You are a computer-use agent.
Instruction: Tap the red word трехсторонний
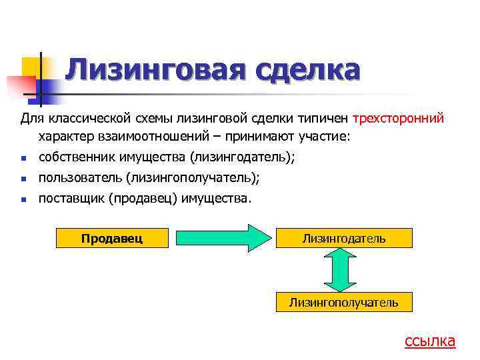pos(399,119)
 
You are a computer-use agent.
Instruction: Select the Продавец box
pos(111,237)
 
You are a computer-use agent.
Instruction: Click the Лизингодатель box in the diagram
pos(343,238)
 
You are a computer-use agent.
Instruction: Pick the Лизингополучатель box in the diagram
pos(343,302)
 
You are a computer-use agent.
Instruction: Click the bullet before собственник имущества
pos(23,159)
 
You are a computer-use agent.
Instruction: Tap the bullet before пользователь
pos(23,179)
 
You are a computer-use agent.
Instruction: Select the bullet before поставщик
pos(23,199)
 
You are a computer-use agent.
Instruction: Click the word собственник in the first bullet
pos(75,158)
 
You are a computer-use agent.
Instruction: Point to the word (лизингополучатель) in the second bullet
pos(192,178)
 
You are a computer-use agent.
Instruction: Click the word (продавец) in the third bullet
pos(143,198)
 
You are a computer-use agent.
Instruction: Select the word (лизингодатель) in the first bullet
pos(242,158)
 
